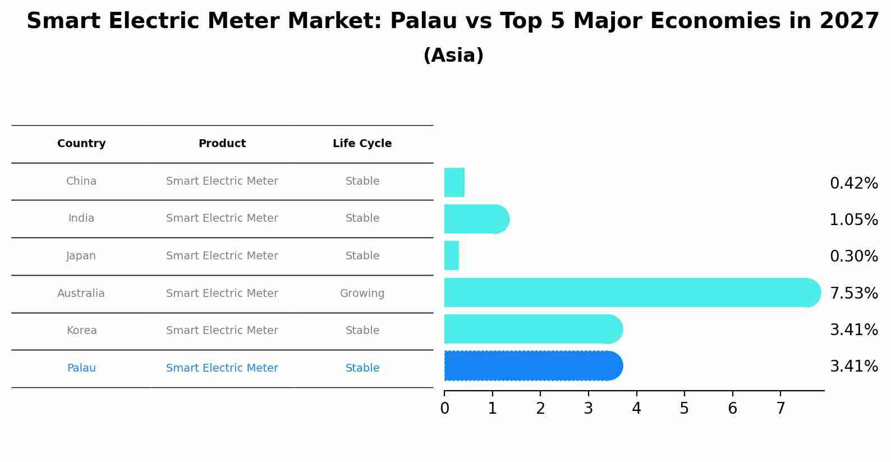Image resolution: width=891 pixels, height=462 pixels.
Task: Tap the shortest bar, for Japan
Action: pyautogui.click(x=452, y=255)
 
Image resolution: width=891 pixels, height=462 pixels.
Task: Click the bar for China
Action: pyautogui.click(x=454, y=182)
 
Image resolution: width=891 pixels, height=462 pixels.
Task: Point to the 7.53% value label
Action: pyautogui.click(x=853, y=293)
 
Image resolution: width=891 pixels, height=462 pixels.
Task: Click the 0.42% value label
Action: pyautogui.click(x=853, y=184)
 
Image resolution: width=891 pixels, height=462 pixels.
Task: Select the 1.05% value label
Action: pyautogui.click(x=853, y=220)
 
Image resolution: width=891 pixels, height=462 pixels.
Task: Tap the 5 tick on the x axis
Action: pyautogui.click(x=684, y=409)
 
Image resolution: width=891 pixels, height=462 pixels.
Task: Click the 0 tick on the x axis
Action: pyautogui.click(x=444, y=409)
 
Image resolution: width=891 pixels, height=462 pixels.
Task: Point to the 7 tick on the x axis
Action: pyautogui.click(x=780, y=409)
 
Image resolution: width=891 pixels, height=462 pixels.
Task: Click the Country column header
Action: pyautogui.click(x=81, y=144)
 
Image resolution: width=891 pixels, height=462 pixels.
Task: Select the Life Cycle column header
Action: pyautogui.click(x=362, y=144)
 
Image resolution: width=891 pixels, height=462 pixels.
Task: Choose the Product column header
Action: pyautogui.click(x=222, y=144)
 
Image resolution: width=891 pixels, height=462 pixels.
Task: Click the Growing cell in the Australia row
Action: pyautogui.click(x=362, y=294)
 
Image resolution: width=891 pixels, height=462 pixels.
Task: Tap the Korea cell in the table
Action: pyautogui.click(x=81, y=331)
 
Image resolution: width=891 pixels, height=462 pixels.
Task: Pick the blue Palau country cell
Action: pyautogui.click(x=81, y=368)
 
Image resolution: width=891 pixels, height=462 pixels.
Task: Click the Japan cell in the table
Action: pyautogui.click(x=81, y=256)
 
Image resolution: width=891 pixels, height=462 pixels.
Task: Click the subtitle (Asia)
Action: pyautogui.click(x=453, y=56)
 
